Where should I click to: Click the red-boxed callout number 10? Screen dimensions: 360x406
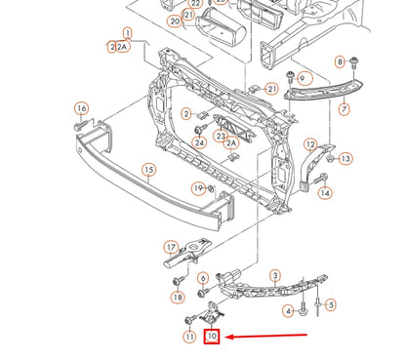coord(212,337)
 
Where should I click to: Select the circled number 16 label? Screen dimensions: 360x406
coord(81,108)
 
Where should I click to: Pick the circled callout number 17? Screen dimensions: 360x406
coord(171,247)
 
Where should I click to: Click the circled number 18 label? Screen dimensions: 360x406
coord(178,297)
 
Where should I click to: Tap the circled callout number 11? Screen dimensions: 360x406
coord(189,337)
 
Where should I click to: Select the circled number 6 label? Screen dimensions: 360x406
coord(202,278)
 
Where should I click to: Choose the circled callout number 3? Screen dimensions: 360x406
coord(275,275)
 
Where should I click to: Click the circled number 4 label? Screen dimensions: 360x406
coord(288,311)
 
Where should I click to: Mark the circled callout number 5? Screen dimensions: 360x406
coord(331,305)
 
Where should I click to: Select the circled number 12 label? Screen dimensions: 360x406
coord(311,144)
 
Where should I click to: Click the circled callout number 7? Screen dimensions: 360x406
coord(344,110)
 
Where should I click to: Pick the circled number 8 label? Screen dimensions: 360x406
coord(340,62)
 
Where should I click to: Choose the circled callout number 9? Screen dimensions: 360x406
coord(304,78)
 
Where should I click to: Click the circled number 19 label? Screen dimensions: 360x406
coord(198,187)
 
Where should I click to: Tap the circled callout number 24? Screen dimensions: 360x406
coord(199,141)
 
